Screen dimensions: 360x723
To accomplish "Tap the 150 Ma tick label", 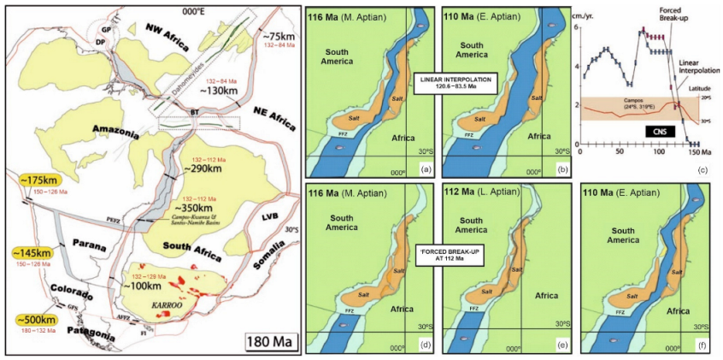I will [x=699, y=151].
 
